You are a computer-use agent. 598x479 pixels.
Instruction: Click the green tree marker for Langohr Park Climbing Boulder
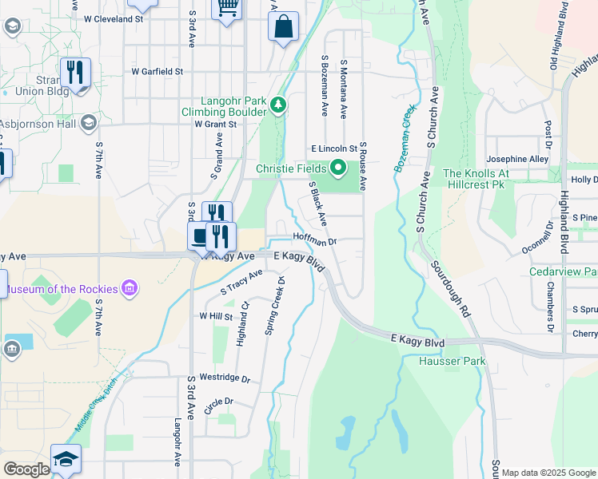(x=277, y=105)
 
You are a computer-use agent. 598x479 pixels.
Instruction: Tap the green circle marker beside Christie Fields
(x=338, y=168)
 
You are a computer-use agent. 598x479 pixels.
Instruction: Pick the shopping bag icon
(x=283, y=27)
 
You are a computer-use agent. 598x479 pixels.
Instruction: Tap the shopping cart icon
(x=227, y=7)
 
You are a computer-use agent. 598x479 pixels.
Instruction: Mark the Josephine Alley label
(x=517, y=159)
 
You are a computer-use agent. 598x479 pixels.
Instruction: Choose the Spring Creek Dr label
(x=274, y=306)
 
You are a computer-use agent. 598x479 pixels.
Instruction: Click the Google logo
(x=26, y=469)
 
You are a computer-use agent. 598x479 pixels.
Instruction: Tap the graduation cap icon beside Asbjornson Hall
(x=88, y=123)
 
